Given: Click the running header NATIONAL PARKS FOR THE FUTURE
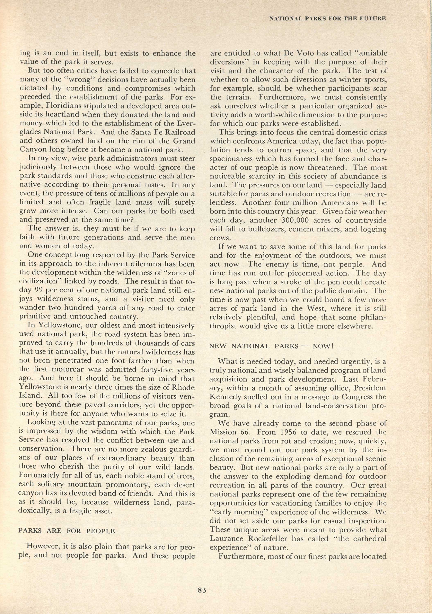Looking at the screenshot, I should tap(327, 18).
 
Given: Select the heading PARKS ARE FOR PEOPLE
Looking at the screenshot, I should tap(67, 531).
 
